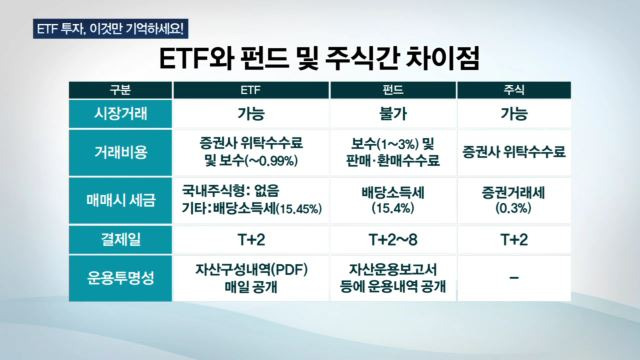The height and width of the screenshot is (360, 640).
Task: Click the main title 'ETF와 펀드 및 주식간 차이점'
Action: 319,56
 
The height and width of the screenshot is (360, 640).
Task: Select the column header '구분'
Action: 118,91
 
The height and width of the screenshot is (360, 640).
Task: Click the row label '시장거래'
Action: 118,114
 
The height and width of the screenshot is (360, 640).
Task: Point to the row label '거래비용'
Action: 118,152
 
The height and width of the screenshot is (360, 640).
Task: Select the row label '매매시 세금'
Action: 118,200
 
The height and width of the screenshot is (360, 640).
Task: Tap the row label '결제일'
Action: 118,240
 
